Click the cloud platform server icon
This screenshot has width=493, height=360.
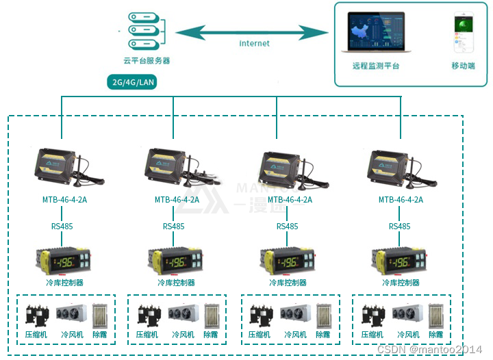coord(146,31)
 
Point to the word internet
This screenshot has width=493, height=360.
coord(254,43)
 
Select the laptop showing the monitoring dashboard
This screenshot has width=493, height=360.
coord(376,34)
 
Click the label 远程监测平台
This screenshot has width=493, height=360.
coord(376,66)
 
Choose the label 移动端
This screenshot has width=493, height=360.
coord(464,66)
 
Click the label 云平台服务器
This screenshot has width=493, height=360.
coord(146,60)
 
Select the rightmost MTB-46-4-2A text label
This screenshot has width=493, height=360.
coord(401,200)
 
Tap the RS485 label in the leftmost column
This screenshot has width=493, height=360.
coord(62,226)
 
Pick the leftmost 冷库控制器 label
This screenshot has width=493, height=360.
coord(63,283)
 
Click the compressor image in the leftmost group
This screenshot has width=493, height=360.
coord(37,315)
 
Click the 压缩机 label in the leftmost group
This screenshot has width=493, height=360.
coord(35,335)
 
